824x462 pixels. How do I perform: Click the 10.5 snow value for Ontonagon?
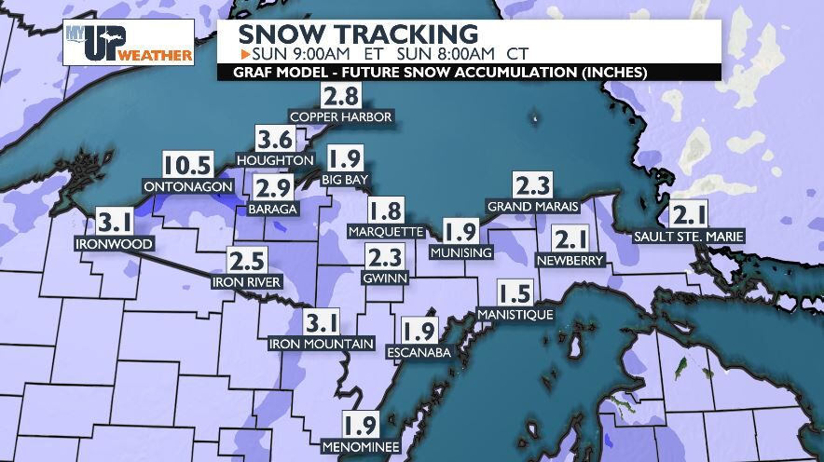tap(188, 165)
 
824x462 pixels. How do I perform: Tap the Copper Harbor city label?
tap(340, 117)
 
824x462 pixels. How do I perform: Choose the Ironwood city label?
tap(115, 244)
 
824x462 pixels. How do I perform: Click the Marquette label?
tap(385, 230)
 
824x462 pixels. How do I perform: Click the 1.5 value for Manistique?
tap(515, 294)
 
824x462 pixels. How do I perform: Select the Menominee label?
tap(360, 448)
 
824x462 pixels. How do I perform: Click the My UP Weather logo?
tap(128, 43)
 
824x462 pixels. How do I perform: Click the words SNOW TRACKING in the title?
tap(358, 34)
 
